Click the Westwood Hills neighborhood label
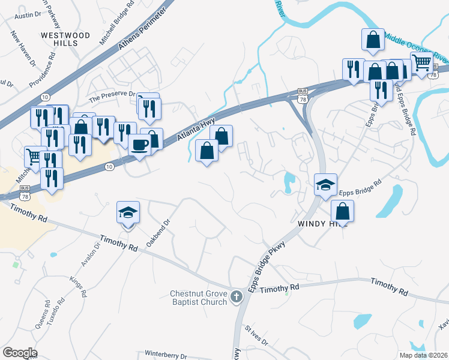65,39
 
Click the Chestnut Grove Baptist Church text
197,298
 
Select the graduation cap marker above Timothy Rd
128,212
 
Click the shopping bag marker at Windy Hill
342,211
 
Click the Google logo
20,353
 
